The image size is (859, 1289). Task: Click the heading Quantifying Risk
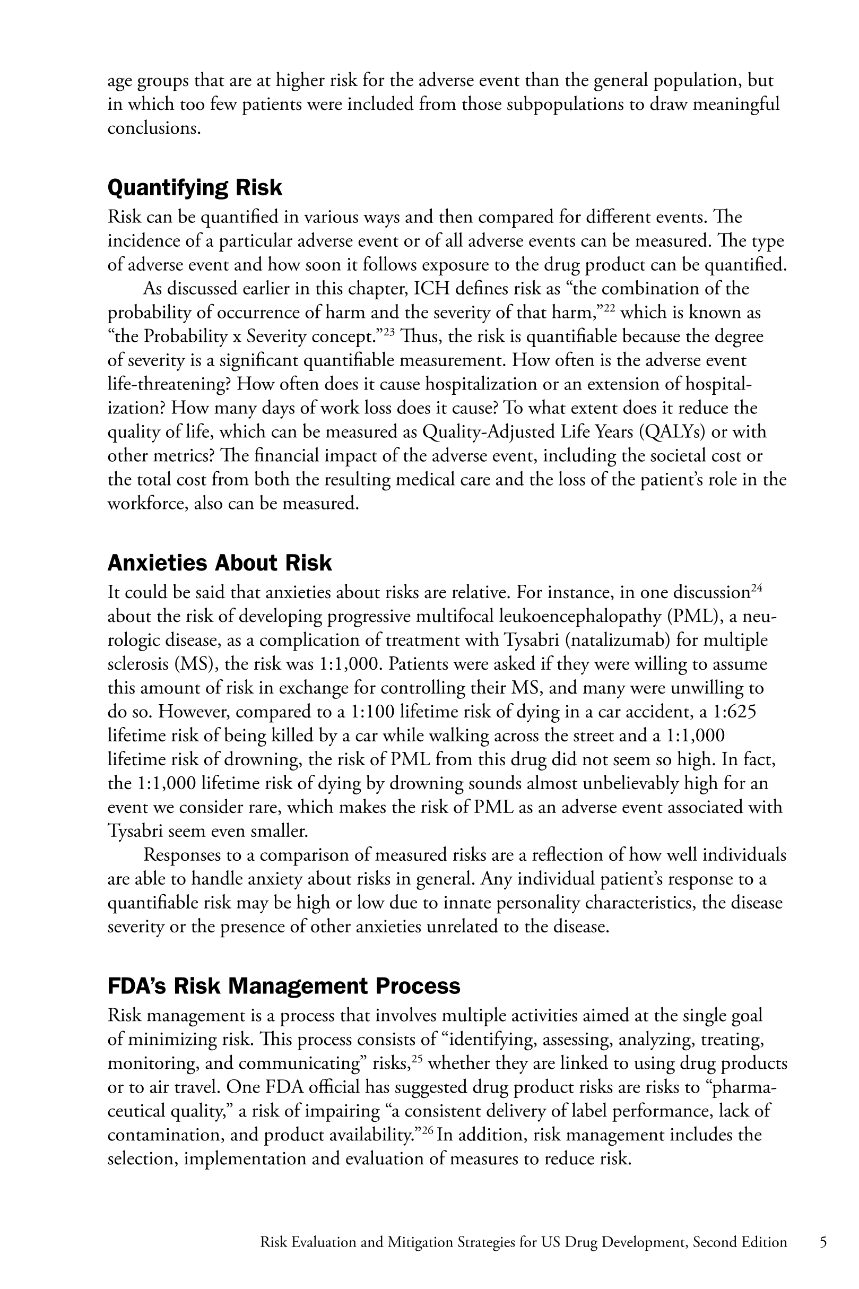click(195, 188)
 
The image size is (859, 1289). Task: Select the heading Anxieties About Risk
click(220, 563)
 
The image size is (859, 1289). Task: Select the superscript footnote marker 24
click(757, 588)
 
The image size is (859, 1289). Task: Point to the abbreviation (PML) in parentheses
click(693, 616)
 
